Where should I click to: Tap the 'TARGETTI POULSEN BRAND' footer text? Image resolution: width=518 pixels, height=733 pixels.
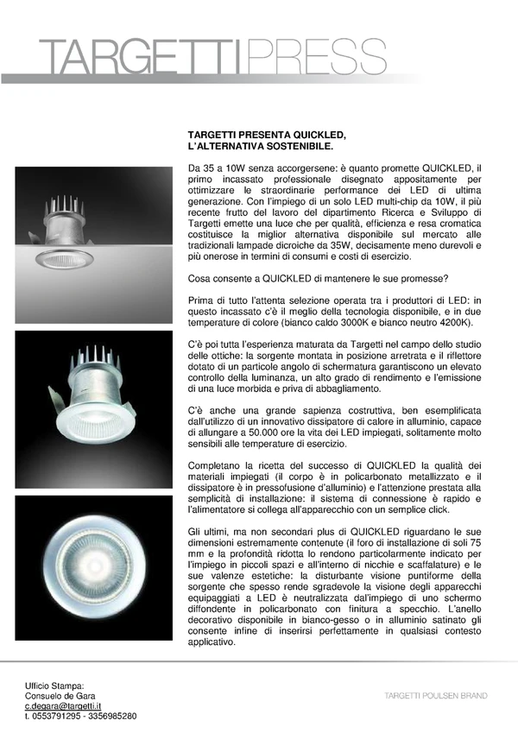click(436, 695)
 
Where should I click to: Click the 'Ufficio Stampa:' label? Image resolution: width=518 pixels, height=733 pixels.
click(54, 685)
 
